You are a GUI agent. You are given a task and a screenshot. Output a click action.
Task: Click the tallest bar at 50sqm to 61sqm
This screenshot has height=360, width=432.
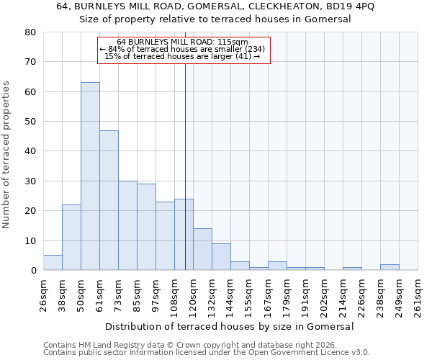point(90,176)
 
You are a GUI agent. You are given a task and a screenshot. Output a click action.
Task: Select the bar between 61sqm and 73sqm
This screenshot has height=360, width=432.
point(109,200)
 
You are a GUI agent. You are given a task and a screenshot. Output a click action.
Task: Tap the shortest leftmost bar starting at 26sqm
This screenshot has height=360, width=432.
point(53,263)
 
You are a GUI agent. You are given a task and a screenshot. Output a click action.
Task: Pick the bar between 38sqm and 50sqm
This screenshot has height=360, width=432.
point(71,238)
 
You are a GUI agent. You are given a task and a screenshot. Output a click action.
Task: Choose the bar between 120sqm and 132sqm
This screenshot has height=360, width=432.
point(202,249)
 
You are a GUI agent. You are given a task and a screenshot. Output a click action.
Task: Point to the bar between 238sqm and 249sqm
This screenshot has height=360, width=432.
point(390,267)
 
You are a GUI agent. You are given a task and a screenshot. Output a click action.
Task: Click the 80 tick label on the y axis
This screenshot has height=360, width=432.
point(30,32)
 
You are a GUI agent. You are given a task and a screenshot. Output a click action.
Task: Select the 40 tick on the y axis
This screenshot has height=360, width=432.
point(30,151)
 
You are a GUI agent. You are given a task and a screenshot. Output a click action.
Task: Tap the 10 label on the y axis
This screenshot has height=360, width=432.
point(30,240)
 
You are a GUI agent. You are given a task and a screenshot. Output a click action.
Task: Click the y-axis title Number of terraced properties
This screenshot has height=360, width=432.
point(7,155)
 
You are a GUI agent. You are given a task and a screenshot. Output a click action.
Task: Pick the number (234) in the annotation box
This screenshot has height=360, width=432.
point(253,49)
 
